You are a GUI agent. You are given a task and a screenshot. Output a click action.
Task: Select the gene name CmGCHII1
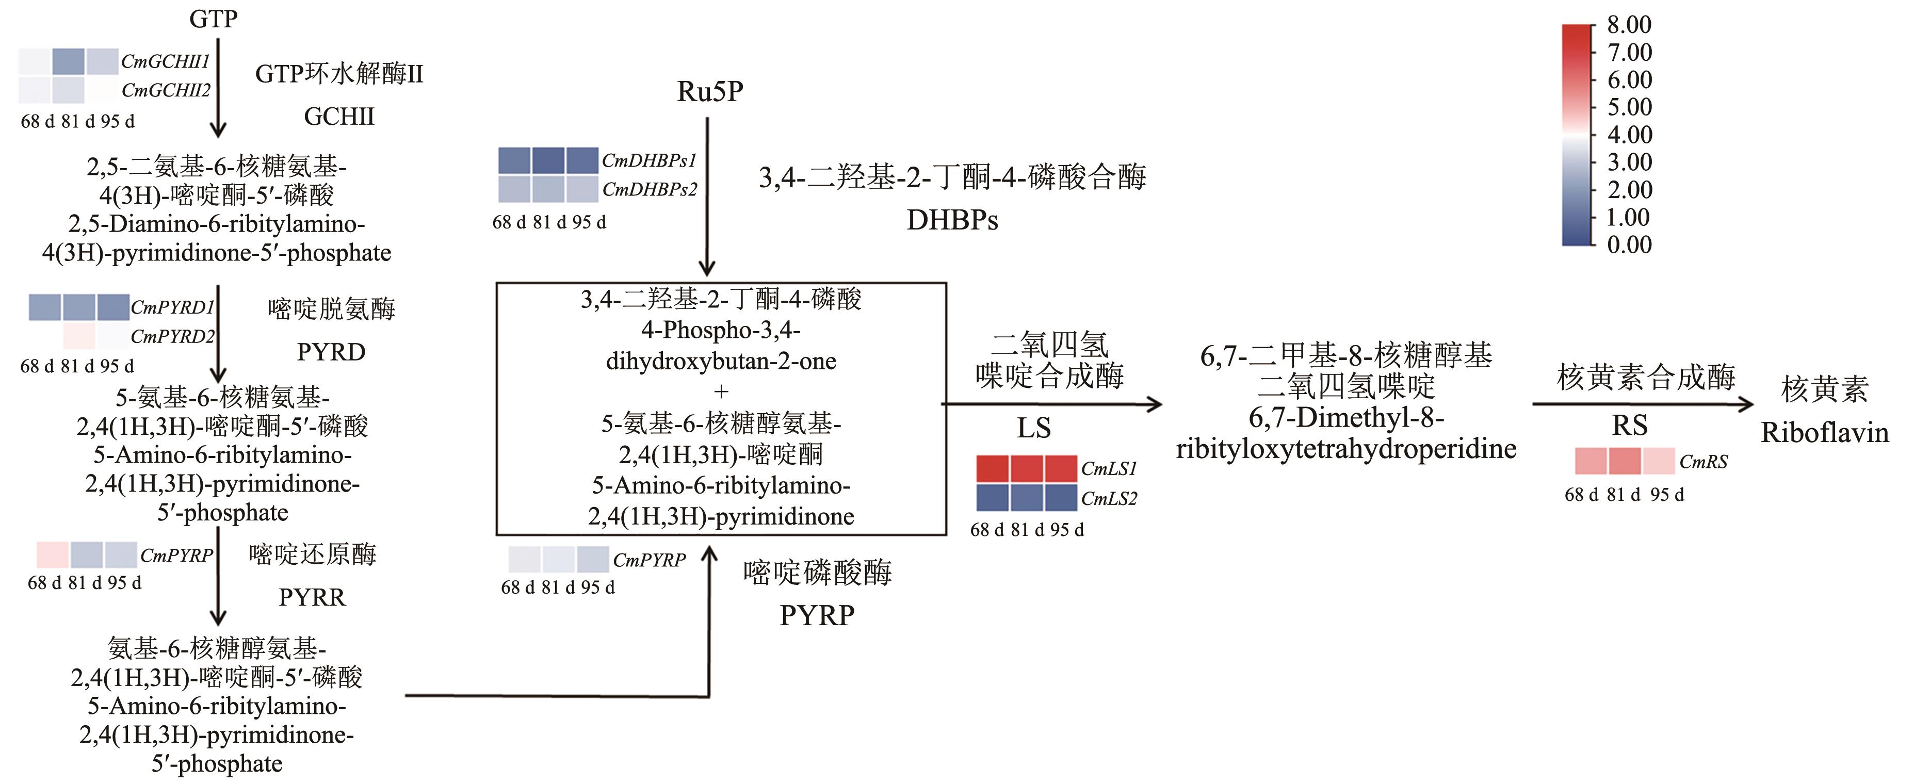pos(166,61)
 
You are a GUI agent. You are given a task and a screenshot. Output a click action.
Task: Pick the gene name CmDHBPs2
pos(650,189)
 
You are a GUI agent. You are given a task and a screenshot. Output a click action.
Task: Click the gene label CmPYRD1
pos(172,307)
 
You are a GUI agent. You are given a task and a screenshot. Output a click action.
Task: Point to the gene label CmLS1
pos(1109,469)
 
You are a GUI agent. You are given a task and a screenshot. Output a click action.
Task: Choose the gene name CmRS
pos(1704,462)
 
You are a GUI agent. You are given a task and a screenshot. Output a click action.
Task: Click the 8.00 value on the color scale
pos(1629,25)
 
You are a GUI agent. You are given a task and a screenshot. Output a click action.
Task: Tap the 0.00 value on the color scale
pos(1629,244)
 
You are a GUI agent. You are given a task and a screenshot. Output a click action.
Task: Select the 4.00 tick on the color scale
pos(1629,135)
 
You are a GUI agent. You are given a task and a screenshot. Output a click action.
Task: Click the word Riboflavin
pos(1825,433)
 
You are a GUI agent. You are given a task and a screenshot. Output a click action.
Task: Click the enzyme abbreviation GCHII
pos(339,117)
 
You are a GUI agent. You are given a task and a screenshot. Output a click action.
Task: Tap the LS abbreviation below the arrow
pos(1033,428)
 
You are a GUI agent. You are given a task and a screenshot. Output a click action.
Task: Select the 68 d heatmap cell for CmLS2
pos(992,497)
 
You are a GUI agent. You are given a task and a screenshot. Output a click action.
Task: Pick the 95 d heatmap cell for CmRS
pos(1659,461)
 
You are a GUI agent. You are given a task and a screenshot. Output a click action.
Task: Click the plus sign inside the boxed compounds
pos(721,391)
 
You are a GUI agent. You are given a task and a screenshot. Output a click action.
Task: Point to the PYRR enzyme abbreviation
pos(312,597)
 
